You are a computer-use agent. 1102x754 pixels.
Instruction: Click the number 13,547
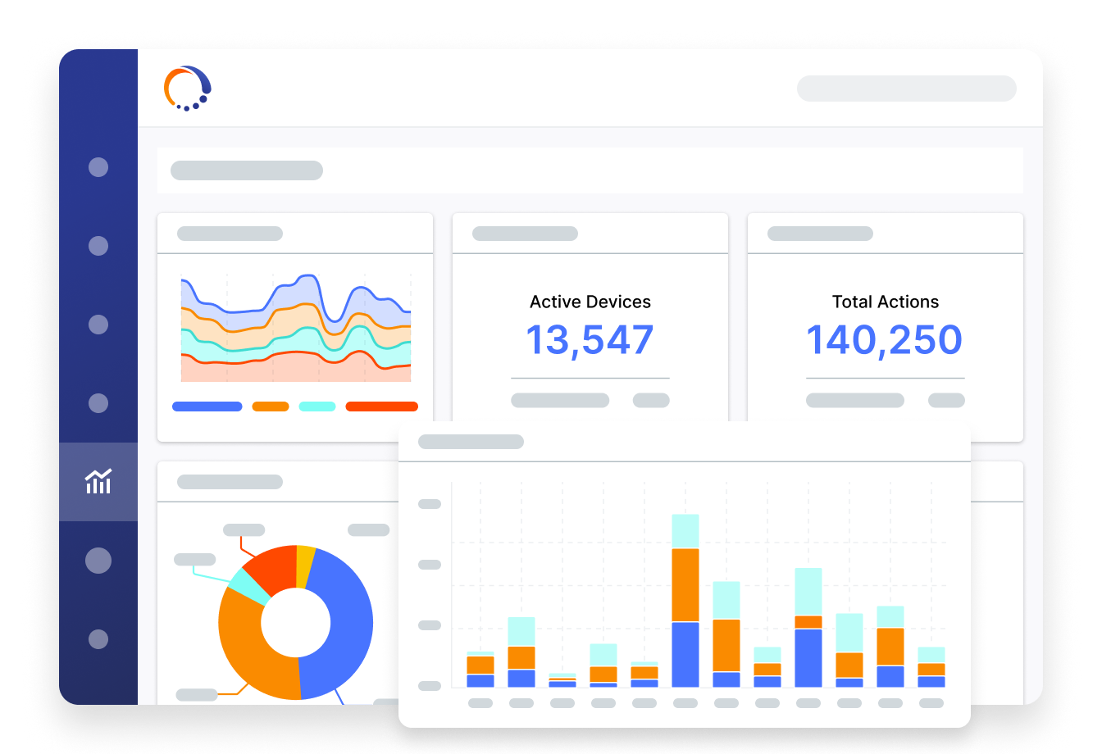point(590,340)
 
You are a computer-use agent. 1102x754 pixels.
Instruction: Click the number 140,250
point(884,340)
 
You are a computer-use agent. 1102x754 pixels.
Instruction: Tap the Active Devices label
point(590,302)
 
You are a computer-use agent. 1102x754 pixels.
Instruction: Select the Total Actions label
point(885,302)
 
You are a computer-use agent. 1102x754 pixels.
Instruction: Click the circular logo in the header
point(187,88)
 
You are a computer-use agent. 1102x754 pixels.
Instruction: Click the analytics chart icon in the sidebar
point(98,481)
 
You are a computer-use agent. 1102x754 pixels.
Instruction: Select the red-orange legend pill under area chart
point(381,407)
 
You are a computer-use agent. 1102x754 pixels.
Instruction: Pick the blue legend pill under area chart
point(207,407)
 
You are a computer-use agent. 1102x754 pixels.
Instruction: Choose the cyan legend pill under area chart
point(316,407)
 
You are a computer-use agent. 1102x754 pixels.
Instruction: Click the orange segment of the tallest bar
point(685,584)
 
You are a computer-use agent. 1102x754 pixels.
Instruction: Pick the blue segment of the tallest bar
point(685,654)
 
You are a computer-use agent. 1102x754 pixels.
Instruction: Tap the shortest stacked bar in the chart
point(562,680)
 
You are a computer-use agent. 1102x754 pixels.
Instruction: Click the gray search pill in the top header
point(906,89)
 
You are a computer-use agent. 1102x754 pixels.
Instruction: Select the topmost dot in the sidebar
point(98,167)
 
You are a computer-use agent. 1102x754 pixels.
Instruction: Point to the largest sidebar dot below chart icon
point(98,561)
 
